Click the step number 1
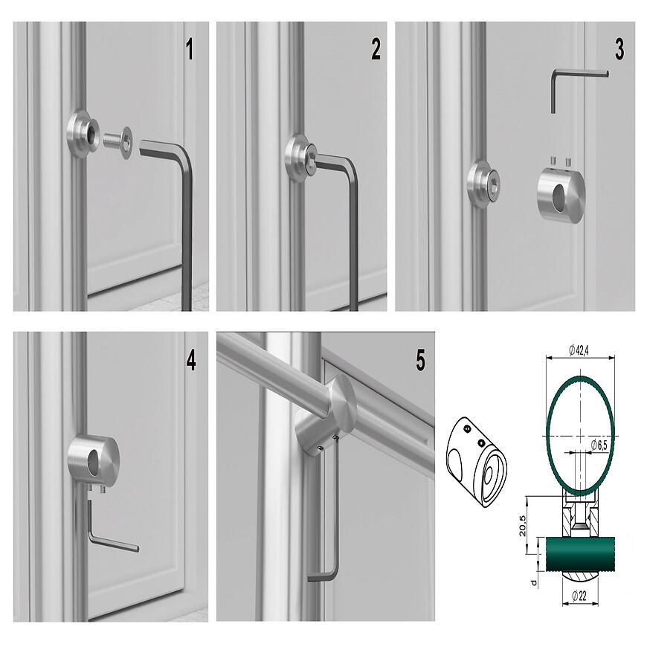(190, 49)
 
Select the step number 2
(376, 49)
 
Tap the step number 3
(619, 49)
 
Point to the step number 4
(190, 360)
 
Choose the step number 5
(420, 360)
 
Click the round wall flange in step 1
(83, 135)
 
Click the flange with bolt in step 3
(483, 183)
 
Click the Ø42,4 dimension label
(579, 350)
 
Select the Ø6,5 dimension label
(599, 445)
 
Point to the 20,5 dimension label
(522, 525)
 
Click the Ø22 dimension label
(579, 595)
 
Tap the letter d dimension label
(534, 582)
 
